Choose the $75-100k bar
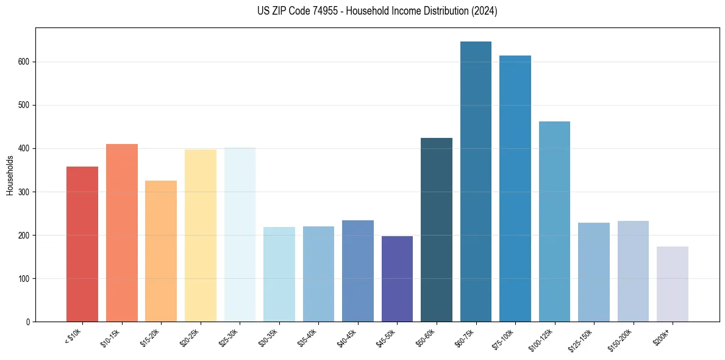pos(515,189)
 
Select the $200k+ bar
pos(672,284)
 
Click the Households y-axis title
pos(10,175)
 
